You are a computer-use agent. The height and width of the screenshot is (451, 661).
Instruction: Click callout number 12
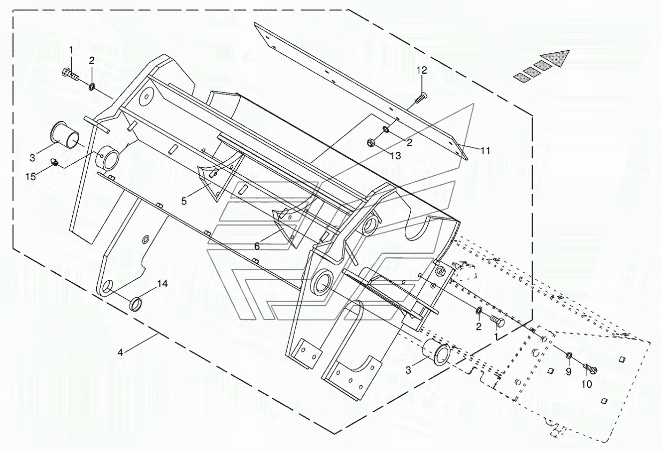[x=422, y=71]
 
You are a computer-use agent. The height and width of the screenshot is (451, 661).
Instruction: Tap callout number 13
[x=395, y=156]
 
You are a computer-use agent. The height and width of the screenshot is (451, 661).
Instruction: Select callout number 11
[x=485, y=151]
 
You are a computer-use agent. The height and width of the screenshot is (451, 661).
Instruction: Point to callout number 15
[x=30, y=177]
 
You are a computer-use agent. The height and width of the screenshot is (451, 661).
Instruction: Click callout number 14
[x=162, y=284]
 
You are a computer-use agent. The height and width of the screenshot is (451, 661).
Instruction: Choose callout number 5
[x=184, y=201]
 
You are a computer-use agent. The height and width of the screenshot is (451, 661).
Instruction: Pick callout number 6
[x=257, y=246]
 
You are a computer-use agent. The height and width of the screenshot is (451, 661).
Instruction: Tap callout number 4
[x=120, y=352]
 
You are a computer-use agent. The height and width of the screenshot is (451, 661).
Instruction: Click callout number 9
[x=568, y=372]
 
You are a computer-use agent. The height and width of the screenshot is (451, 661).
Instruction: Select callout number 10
[x=587, y=384]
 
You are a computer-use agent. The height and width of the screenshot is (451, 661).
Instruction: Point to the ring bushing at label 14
[x=136, y=304]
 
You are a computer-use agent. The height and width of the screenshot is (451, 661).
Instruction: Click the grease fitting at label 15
[x=55, y=162]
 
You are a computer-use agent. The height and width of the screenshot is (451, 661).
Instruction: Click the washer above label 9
[x=568, y=355]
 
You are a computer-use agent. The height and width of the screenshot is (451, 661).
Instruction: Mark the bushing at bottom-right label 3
[x=436, y=352]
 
